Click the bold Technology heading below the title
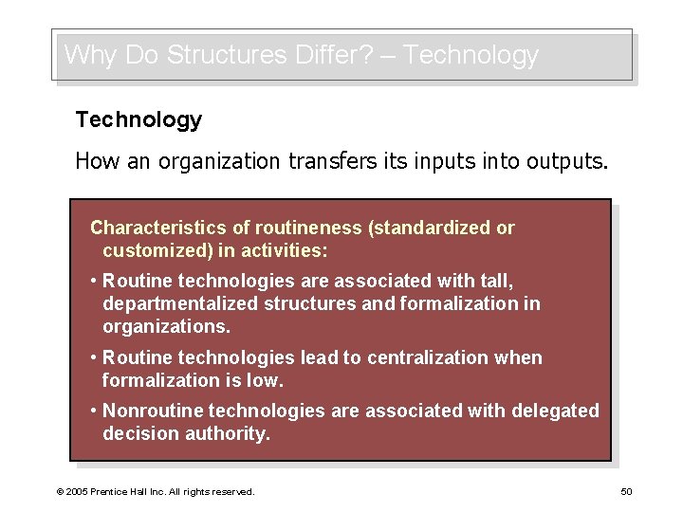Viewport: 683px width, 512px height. (138, 119)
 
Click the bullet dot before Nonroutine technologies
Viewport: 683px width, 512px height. (93, 411)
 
